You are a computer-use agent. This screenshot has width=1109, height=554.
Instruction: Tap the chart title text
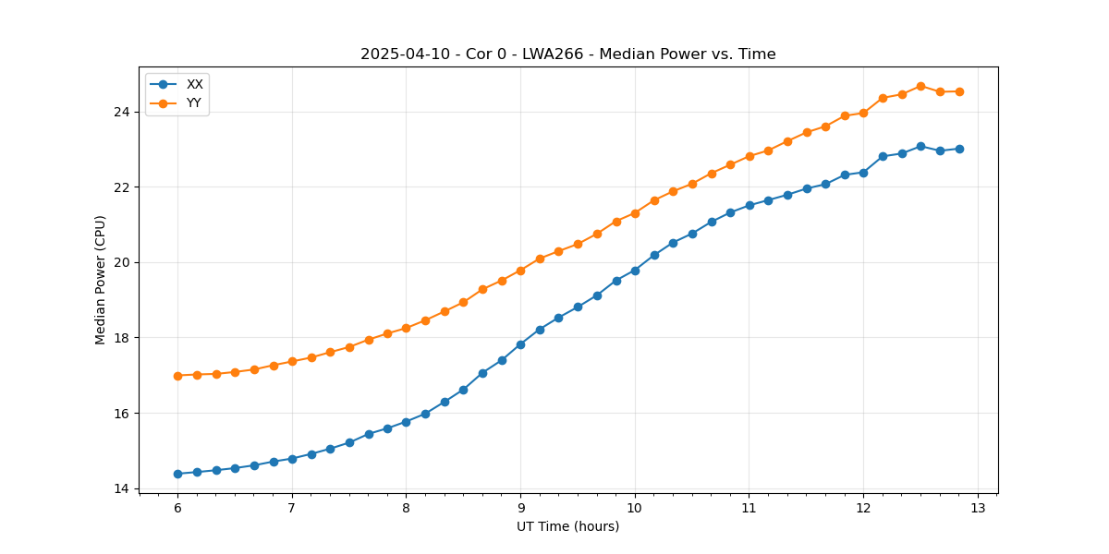(567, 54)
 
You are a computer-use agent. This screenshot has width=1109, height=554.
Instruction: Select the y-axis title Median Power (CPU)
(101, 280)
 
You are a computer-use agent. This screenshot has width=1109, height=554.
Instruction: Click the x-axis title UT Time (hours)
(567, 526)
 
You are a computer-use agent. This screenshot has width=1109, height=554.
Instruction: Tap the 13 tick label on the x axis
(978, 509)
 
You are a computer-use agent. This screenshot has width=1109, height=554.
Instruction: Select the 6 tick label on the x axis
(177, 509)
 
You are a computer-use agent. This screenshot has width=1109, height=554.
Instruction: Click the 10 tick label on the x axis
(635, 509)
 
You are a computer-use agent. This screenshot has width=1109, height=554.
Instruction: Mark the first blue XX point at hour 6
(177, 474)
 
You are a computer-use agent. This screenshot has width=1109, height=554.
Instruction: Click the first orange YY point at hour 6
(177, 376)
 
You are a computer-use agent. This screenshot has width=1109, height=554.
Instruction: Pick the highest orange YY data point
(920, 86)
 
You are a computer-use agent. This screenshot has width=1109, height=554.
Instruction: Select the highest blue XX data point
(920, 146)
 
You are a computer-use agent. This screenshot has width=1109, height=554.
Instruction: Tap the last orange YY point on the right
(959, 91)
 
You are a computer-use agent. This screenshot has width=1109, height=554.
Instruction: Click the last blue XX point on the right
(959, 149)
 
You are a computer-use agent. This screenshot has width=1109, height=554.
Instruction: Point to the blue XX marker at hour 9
(520, 344)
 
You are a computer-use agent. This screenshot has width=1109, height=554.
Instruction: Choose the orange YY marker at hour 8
(406, 328)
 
